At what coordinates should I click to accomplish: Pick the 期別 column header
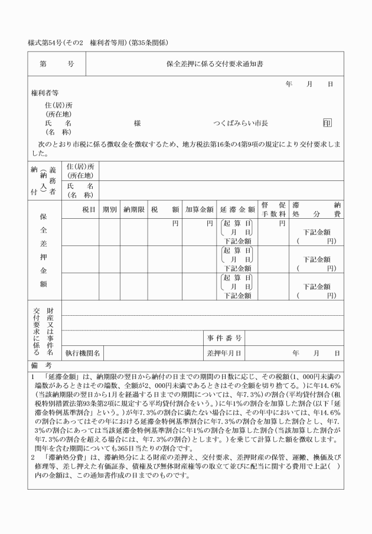(x=109, y=209)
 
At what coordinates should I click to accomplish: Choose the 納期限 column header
(x=133, y=209)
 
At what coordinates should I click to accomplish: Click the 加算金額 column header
(x=199, y=209)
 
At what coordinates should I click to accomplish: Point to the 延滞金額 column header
(x=237, y=209)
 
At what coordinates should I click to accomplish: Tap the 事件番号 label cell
(x=224, y=338)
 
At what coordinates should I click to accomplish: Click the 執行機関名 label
(x=83, y=353)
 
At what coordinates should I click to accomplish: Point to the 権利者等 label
(x=45, y=93)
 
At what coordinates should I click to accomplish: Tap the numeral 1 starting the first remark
(x=32, y=376)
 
